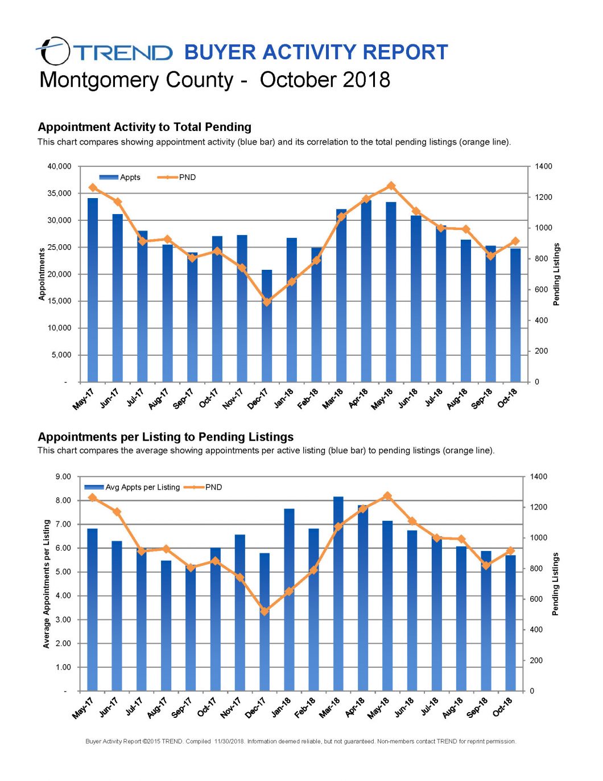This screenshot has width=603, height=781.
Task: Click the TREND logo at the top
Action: coord(104,52)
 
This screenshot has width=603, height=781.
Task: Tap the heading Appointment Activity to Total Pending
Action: coord(144,127)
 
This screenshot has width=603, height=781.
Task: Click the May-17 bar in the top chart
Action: coord(93,290)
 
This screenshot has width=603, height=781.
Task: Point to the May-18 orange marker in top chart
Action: coord(391,186)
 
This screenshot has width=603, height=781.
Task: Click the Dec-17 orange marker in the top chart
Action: coord(267,302)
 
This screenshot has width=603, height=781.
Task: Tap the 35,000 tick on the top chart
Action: coord(59,193)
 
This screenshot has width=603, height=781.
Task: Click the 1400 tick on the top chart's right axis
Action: coord(543,166)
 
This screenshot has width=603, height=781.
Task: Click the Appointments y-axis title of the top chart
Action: coord(42,274)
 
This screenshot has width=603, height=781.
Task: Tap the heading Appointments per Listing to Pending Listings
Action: coord(166,437)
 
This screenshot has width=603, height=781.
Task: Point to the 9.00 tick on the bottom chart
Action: coord(63,476)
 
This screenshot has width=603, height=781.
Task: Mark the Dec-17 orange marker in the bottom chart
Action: coord(265,611)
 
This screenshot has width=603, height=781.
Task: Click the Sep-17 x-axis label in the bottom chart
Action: coord(183,707)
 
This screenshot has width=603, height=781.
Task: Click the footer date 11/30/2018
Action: coord(229,741)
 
